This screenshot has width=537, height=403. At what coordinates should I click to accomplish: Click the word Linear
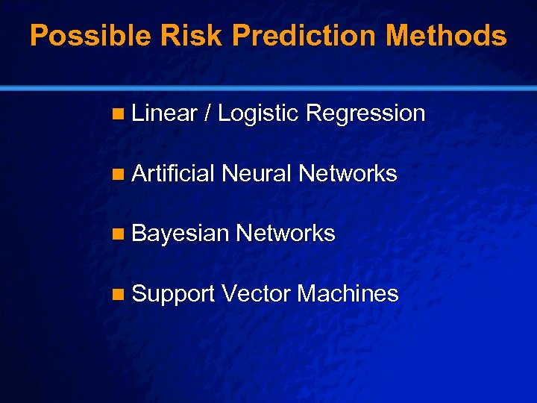click(x=164, y=113)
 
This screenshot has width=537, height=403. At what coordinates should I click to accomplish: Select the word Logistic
click(x=258, y=114)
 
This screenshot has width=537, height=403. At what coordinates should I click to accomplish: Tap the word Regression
click(x=365, y=113)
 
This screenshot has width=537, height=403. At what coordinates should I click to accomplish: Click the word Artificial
click(x=173, y=174)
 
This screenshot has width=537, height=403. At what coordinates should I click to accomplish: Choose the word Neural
click(x=257, y=174)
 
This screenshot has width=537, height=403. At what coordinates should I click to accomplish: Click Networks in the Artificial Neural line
click(x=348, y=174)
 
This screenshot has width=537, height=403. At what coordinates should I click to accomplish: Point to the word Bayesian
click(x=180, y=234)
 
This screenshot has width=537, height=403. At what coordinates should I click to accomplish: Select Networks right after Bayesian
click(x=286, y=234)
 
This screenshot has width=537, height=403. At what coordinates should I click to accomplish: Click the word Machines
click(x=348, y=294)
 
